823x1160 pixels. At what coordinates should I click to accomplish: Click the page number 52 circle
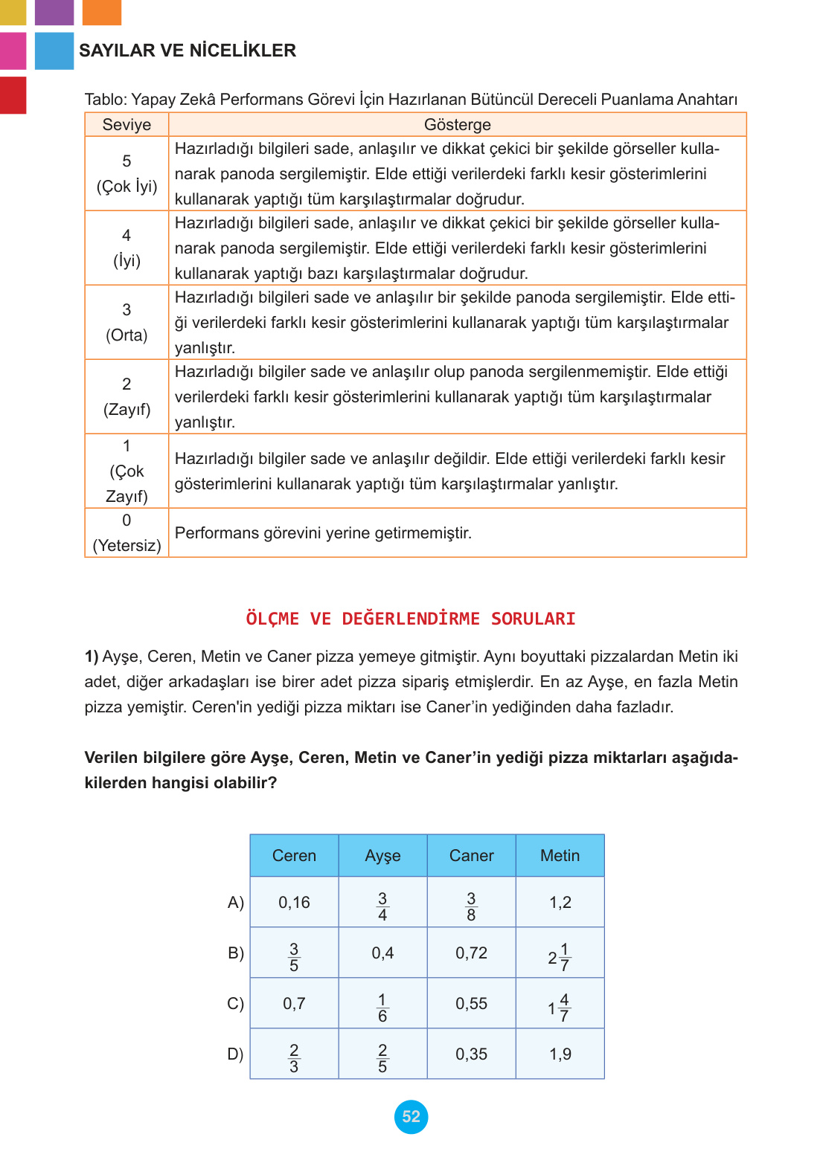411,1116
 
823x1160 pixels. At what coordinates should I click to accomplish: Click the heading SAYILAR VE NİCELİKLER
188,51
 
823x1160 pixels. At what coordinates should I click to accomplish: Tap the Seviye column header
127,125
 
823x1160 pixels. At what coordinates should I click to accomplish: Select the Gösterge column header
457,125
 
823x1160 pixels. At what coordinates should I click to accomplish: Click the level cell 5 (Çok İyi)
127,174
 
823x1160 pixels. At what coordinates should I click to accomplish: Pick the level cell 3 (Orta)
127,323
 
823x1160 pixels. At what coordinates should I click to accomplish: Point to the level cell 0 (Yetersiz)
127,533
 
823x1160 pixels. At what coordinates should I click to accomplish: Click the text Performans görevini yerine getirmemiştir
323,533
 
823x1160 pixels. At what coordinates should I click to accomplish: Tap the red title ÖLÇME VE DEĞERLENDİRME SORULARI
411,619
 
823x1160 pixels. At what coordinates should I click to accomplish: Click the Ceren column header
294,856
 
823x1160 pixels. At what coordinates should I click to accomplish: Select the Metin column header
560,856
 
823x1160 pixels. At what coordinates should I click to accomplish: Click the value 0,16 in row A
294,903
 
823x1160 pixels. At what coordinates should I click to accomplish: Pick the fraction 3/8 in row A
471,906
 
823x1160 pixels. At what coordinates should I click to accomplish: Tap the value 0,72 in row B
471,953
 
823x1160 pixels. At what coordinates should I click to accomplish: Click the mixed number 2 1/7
560,957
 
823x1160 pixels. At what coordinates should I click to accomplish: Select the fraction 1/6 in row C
382,1008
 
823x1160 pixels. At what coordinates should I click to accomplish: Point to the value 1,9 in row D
560,1054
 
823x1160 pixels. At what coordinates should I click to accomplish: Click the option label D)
235,1054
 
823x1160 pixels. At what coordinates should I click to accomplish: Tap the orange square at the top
102,12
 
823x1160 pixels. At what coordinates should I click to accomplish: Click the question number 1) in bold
92,657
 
